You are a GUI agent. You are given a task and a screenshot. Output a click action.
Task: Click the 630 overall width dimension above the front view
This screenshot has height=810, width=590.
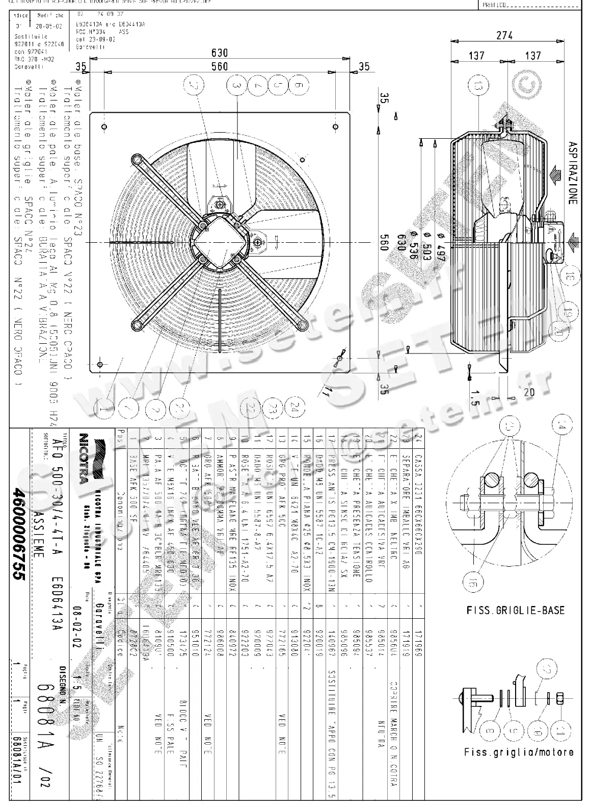220,53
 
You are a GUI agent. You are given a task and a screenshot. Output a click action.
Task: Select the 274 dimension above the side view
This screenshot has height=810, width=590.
504,36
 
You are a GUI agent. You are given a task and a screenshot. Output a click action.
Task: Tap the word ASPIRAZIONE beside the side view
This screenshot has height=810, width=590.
573,173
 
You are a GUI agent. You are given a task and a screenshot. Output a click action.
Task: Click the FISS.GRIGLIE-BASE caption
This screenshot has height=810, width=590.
515,610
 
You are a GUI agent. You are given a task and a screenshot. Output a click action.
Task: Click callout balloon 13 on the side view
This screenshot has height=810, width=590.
477,87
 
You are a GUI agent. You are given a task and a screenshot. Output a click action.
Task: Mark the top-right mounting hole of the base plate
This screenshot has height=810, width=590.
335,126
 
